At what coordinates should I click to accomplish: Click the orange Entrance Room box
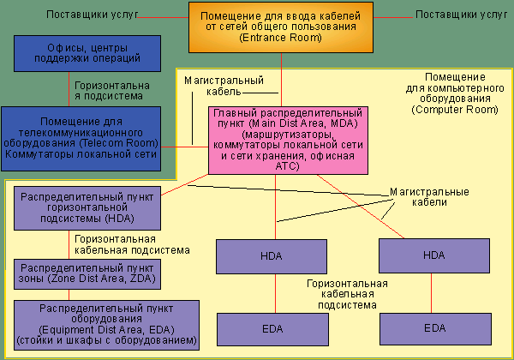click(x=281, y=28)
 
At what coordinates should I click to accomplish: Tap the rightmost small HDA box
click(x=433, y=256)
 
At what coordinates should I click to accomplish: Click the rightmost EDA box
click(x=433, y=327)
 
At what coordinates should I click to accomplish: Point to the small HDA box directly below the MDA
click(x=274, y=256)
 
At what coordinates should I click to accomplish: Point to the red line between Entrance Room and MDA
click(x=281, y=81)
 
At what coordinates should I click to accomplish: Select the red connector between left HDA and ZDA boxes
click(x=69, y=243)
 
